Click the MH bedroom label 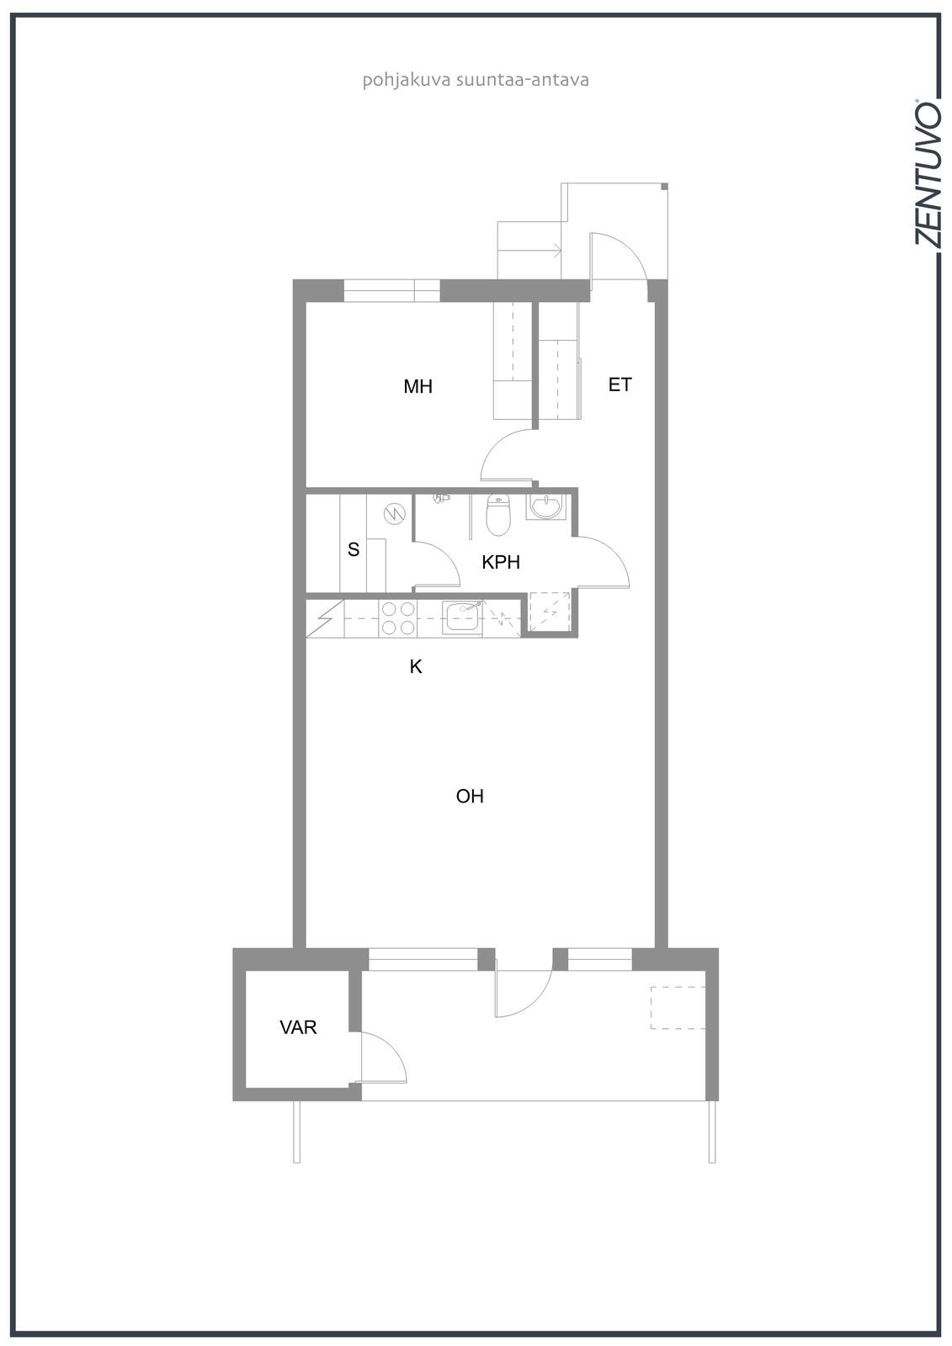[417, 386]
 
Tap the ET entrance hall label [620, 384]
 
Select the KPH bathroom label [500, 562]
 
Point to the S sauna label [354, 548]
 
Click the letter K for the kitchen [416, 666]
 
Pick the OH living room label [470, 796]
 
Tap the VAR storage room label [298, 1027]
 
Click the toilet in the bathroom [498, 514]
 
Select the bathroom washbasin [546, 506]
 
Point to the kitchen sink [462, 617]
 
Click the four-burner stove [398, 618]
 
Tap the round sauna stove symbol [395, 513]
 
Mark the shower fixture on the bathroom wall [441, 497]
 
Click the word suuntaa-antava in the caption [522, 80]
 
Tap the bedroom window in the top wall [392, 291]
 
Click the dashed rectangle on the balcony [678, 1007]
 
